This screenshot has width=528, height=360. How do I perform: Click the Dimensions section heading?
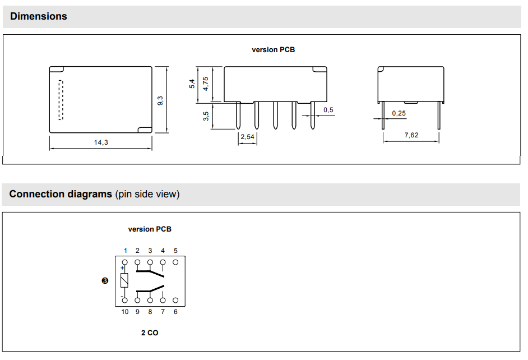(x=38, y=16)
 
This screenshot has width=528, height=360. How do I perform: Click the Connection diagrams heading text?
(x=61, y=194)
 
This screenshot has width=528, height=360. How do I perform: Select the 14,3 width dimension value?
(x=101, y=142)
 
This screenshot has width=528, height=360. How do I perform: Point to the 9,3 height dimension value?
(x=160, y=100)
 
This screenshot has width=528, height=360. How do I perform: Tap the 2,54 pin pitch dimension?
(x=247, y=137)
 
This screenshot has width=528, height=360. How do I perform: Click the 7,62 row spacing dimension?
(x=411, y=135)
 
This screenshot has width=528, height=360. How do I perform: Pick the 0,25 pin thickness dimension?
(x=399, y=113)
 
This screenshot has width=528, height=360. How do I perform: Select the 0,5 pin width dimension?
(x=328, y=110)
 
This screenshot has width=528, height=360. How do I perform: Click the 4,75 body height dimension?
(x=205, y=84)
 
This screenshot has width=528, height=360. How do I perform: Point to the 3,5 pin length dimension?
(x=206, y=116)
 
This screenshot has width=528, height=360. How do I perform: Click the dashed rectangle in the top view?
(x=61, y=100)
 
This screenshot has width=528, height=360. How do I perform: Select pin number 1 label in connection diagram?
(x=126, y=251)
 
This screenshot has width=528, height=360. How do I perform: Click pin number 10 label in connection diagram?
(x=124, y=312)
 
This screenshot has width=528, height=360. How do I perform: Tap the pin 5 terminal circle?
(x=175, y=261)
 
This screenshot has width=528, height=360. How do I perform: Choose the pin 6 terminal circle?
(x=175, y=301)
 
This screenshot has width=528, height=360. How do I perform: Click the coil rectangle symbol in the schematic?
(x=124, y=281)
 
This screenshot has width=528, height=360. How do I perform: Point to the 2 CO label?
(x=150, y=333)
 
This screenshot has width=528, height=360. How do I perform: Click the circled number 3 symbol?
(x=105, y=281)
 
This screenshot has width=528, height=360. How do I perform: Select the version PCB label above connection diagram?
(x=150, y=229)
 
